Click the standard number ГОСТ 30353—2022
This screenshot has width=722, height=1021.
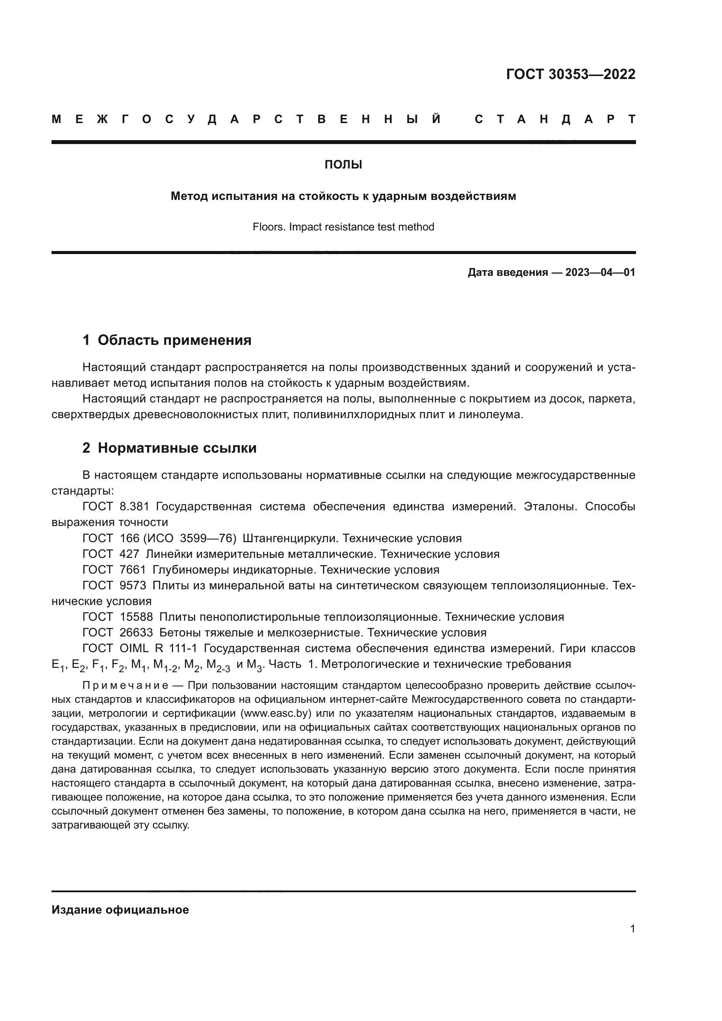point(571,74)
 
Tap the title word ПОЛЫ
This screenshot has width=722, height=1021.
point(343,165)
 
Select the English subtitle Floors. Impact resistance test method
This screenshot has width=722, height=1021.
point(343,227)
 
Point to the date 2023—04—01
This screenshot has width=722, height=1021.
point(600,272)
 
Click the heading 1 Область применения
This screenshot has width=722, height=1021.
point(167,340)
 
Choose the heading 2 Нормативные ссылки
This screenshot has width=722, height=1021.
point(169,448)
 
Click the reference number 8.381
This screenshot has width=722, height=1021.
point(134,506)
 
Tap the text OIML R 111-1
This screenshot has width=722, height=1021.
point(158,648)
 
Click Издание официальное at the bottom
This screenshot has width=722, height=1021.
point(120,910)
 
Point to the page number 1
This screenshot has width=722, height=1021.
point(633,928)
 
